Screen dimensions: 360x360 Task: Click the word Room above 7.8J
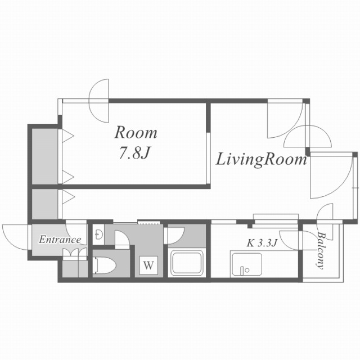coord(136,133)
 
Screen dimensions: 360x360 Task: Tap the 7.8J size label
coord(134,152)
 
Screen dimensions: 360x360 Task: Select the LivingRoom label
coord(261,160)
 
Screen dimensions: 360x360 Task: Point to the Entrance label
coord(60,240)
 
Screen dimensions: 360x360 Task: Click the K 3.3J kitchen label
coord(262,243)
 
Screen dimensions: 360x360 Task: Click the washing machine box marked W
coord(148,265)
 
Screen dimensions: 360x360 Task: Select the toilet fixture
coord(105,265)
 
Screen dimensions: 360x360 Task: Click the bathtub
coord(186,263)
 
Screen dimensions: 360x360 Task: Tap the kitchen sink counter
coord(247,264)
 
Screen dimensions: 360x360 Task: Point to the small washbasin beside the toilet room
coord(99,235)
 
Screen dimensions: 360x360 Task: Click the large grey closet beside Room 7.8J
coord(44,156)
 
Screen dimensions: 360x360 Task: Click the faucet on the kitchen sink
coord(242,271)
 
